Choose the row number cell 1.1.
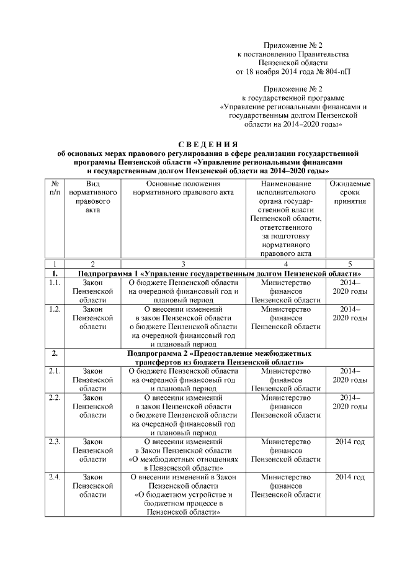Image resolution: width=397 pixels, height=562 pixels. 55,283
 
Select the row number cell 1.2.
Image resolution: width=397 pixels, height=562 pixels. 55,309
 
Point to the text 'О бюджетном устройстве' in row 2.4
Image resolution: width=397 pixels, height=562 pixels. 184,495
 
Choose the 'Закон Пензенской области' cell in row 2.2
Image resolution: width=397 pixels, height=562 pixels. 92,405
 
